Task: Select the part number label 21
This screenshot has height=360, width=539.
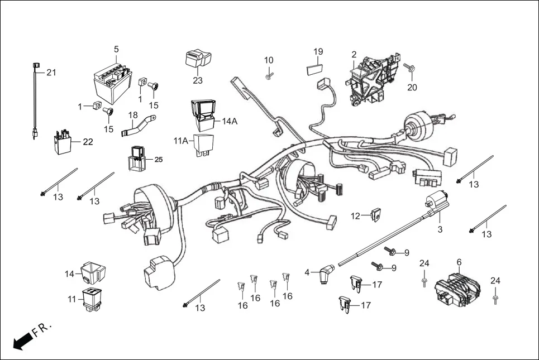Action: (x=51, y=73)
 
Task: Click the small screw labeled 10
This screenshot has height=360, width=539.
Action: (x=269, y=75)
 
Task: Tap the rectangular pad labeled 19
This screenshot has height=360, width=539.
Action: (x=316, y=69)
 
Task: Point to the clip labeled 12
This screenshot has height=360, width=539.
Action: (x=376, y=214)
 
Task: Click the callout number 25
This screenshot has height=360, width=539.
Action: (x=158, y=160)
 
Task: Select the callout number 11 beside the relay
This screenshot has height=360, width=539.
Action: (x=71, y=299)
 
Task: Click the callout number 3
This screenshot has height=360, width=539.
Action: (x=440, y=229)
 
